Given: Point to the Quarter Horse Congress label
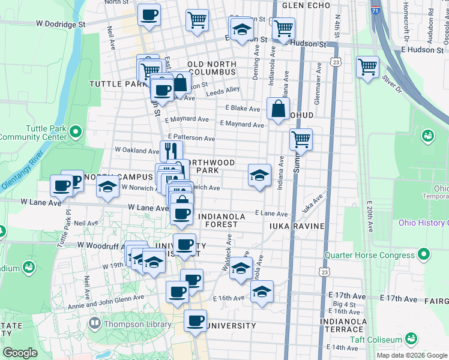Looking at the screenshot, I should tap(369, 255).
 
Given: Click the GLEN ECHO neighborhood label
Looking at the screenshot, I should tap(306, 5).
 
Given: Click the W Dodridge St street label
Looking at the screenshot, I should tap(61, 24).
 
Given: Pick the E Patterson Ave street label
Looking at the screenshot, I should tap(191, 138).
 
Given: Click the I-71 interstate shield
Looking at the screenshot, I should tap(375, 10).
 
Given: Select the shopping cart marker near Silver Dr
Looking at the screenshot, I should tap(367, 67).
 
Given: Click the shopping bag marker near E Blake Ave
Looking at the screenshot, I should tap(278, 109).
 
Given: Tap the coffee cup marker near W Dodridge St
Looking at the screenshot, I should tap(149, 15).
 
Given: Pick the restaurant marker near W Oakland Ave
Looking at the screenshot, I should tap(171, 150).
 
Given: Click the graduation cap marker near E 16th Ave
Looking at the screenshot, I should tap(262, 293).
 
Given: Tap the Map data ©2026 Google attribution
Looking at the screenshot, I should tap(411, 355).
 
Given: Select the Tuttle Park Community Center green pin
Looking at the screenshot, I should tap(75, 131).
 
